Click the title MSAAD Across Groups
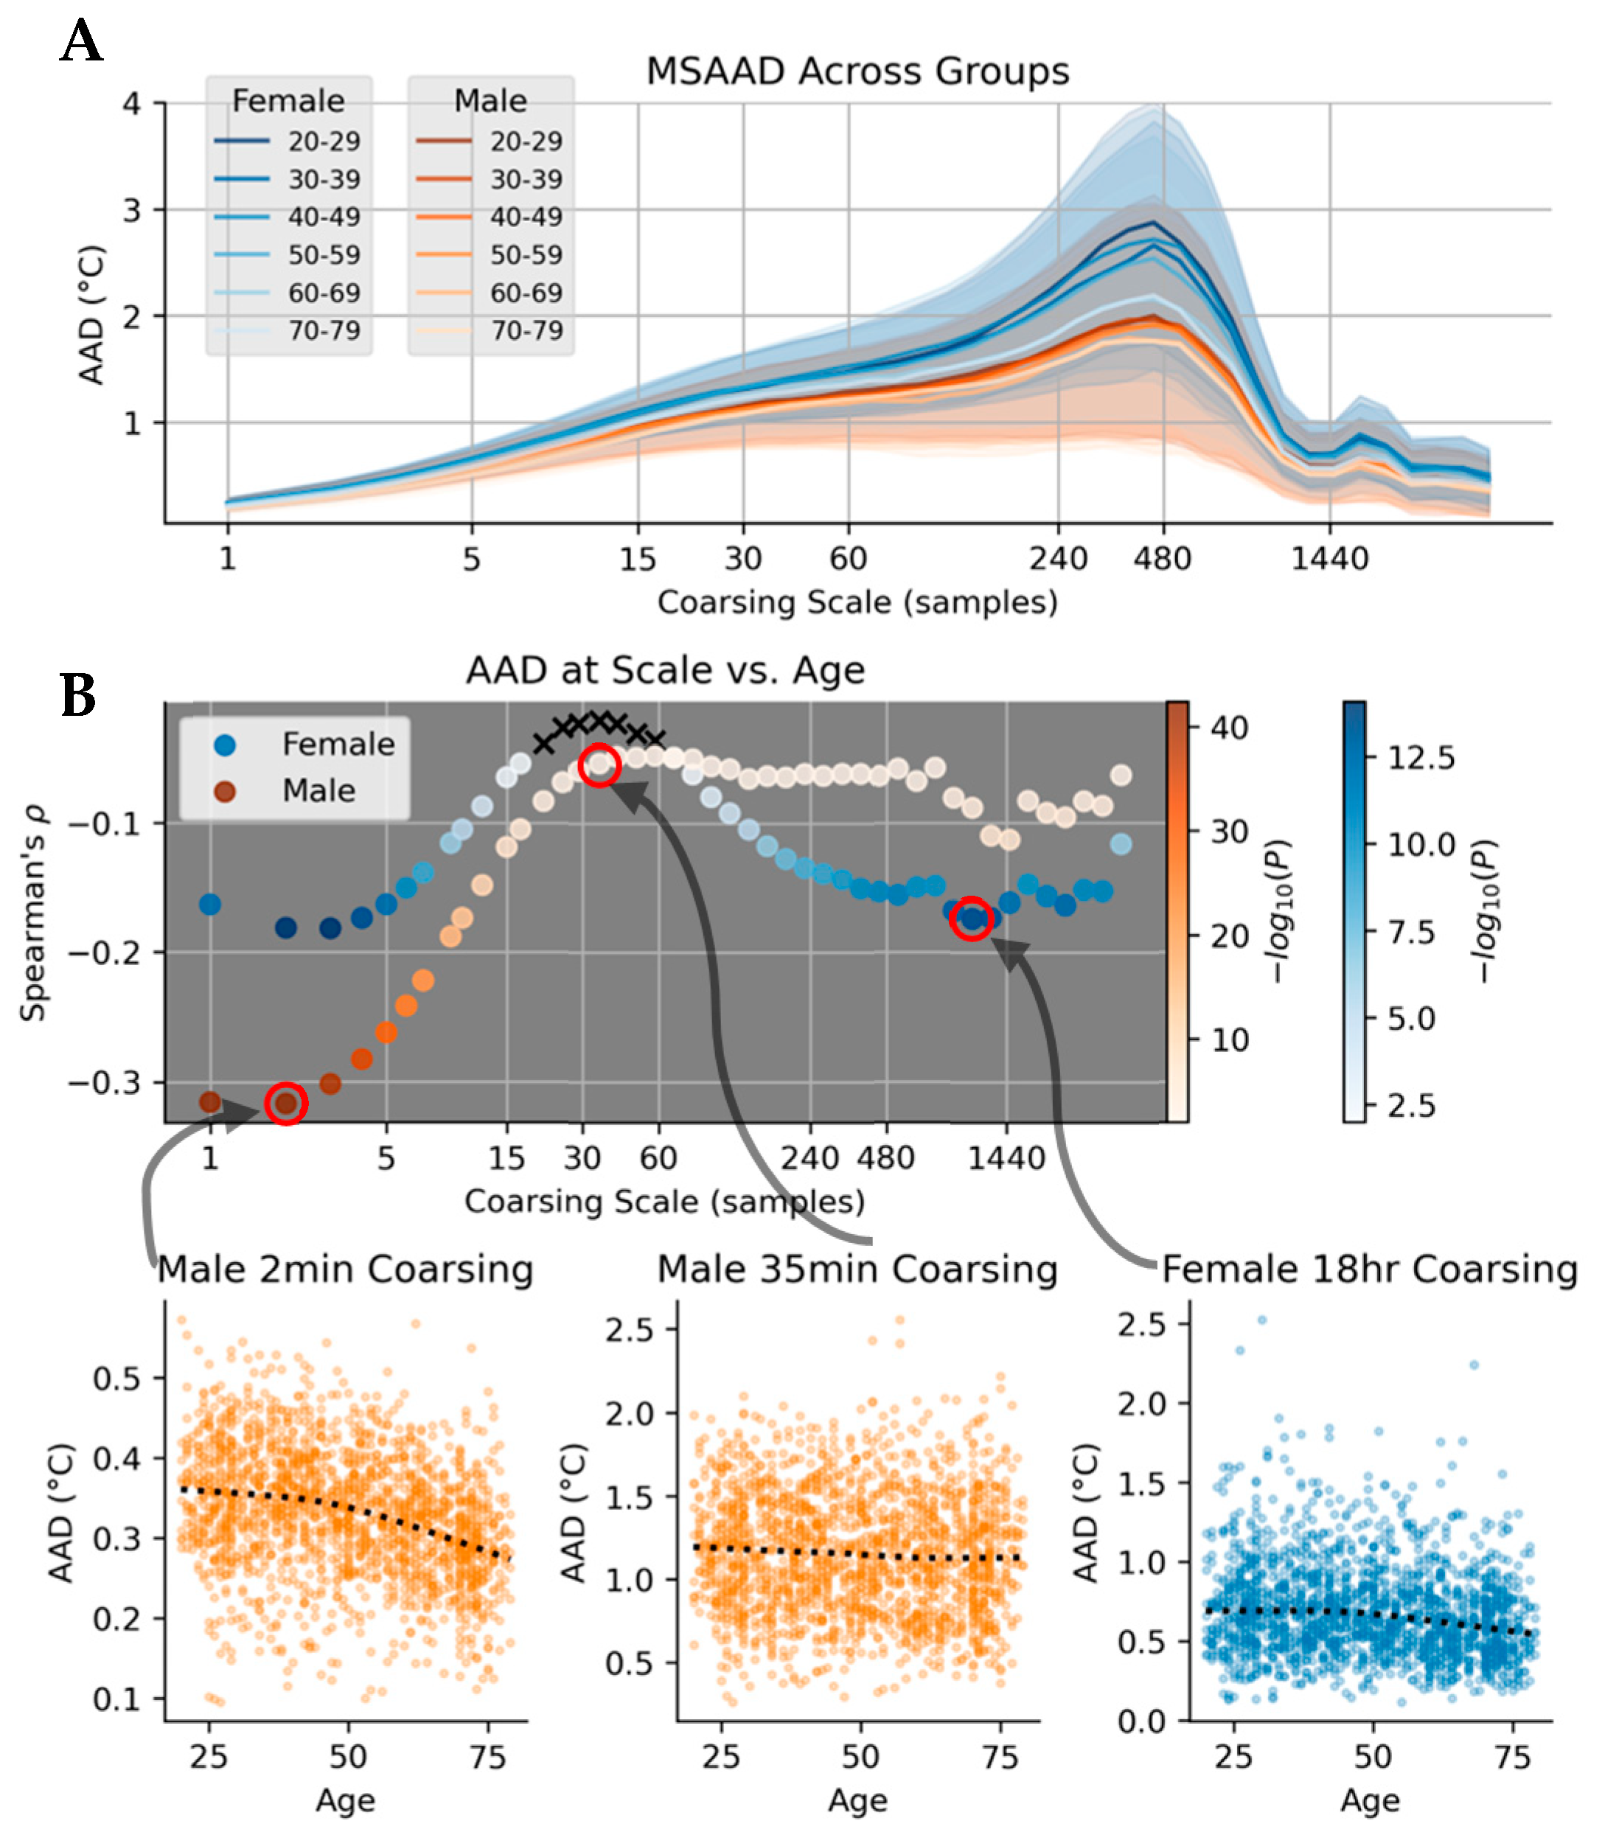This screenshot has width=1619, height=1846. coord(857,72)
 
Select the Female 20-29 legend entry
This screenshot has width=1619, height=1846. coord(287,141)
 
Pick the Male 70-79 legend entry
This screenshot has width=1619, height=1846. coord(490,330)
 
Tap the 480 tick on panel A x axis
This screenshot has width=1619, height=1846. coord(1162,559)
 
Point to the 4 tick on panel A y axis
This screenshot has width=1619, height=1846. coord(132,104)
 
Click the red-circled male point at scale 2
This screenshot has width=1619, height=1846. coord(286,1103)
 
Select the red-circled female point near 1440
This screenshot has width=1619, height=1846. coord(972,919)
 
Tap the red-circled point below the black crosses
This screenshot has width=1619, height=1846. coord(599,766)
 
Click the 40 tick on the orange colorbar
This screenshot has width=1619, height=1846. coord(1229,727)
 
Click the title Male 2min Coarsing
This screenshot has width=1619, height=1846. coord(345,1269)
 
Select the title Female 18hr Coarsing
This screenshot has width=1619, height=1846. coord(1369,1269)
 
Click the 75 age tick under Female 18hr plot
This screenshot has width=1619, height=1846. coord(1511,1758)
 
